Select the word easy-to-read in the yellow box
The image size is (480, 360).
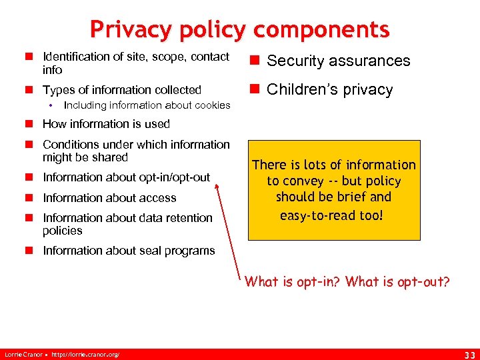tap(317, 215)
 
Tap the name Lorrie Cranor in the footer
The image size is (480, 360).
tap(22, 354)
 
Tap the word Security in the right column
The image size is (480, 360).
tap(297, 61)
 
